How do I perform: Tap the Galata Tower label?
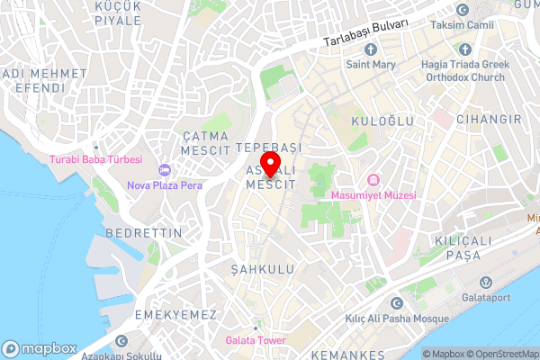pos(256,340)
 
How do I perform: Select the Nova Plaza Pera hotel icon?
pos(164,170)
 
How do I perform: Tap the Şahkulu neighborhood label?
pos(256,269)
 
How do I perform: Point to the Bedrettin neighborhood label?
pos(143,232)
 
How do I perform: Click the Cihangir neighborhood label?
pos(489,119)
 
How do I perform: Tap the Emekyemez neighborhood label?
pos(175,314)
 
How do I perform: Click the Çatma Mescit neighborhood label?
pos(205,142)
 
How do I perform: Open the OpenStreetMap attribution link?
pos(499,354)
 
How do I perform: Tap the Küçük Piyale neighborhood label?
pos(118,13)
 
